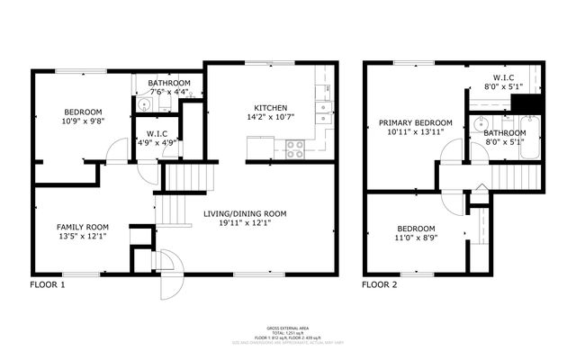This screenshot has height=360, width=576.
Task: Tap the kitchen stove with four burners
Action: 294,148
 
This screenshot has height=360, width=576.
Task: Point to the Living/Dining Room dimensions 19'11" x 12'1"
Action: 244,224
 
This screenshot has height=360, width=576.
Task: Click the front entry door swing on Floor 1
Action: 169,278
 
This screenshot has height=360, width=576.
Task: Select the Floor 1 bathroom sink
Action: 144,105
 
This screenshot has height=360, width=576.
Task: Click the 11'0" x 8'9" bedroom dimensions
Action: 415,239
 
